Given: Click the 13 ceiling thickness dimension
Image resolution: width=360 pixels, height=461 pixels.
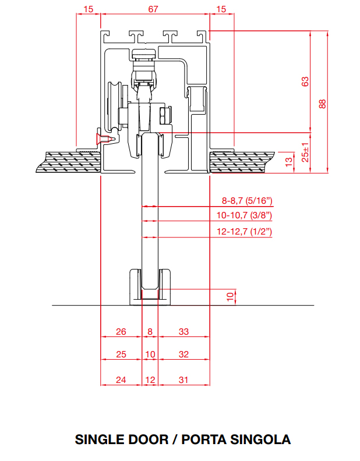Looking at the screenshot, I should (288, 162).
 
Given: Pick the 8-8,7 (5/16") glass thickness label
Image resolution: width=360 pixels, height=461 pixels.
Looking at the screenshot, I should (247, 201).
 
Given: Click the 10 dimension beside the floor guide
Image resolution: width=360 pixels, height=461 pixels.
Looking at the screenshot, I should (230, 297).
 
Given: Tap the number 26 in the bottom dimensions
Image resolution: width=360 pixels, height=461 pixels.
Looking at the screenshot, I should (121, 332).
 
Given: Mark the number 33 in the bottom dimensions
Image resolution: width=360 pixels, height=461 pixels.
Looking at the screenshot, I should (183, 332).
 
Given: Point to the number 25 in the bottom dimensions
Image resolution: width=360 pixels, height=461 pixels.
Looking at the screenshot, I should (121, 354).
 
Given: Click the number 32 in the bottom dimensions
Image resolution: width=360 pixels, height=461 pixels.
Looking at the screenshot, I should (183, 354).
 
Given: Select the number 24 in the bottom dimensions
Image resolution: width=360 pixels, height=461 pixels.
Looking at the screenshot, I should (121, 380).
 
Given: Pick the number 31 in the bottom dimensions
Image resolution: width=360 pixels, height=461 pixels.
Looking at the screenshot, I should (183, 380).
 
